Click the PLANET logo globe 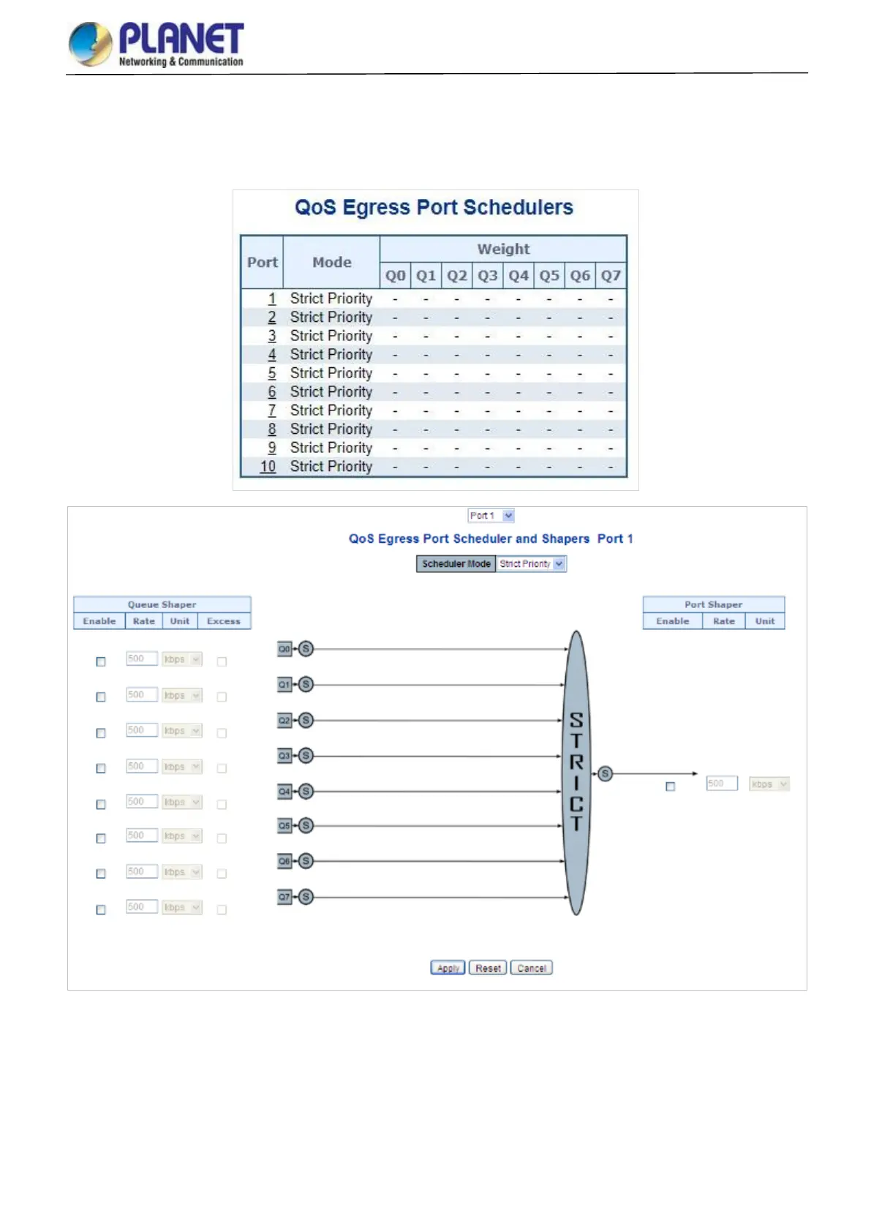(91, 43)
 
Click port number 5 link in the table (272, 373)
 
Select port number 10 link (268, 466)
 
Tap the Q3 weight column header (488, 276)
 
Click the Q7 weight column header (611, 276)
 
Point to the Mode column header (331, 262)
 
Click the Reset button (488, 968)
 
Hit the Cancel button (532, 968)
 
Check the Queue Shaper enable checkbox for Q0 (101, 661)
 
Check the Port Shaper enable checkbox (670, 786)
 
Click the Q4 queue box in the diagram (284, 791)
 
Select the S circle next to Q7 (306, 896)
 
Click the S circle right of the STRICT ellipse (605, 773)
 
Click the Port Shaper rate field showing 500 (721, 784)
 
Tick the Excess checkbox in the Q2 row (222, 733)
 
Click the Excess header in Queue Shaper (223, 621)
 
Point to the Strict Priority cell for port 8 (331, 429)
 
